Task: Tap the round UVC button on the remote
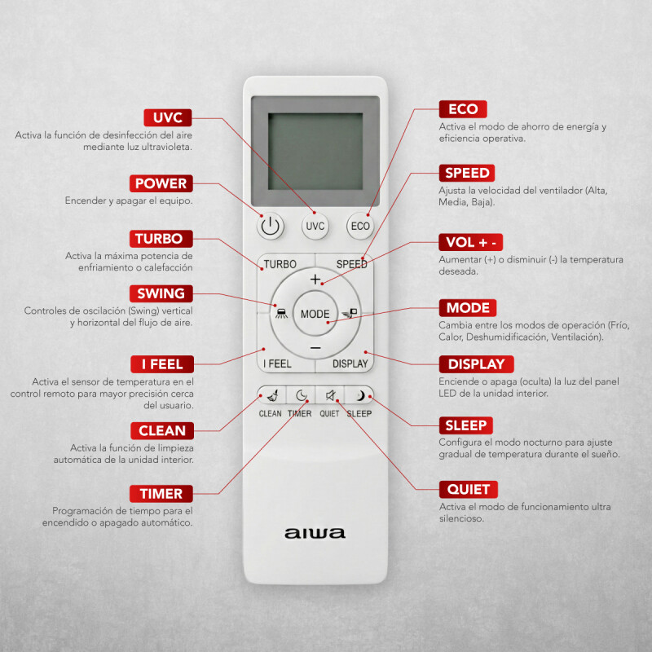pyautogui.click(x=315, y=226)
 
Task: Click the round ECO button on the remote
pyautogui.click(x=359, y=226)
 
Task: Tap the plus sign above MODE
pyautogui.click(x=315, y=279)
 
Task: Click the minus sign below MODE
pyautogui.click(x=315, y=348)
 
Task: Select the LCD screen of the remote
pyautogui.click(x=315, y=152)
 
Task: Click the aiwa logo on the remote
pyautogui.click(x=315, y=534)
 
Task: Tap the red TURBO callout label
pyautogui.click(x=164, y=239)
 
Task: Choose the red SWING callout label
pyautogui.click(x=161, y=293)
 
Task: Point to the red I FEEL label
pyautogui.click(x=162, y=363)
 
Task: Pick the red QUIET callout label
pyautogui.click(x=468, y=490)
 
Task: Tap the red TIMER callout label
pyautogui.click(x=161, y=494)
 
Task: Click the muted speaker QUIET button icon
pyautogui.click(x=330, y=396)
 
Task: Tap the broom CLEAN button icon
pyautogui.click(x=271, y=396)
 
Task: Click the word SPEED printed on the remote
pyautogui.click(x=351, y=264)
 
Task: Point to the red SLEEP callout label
pyautogui.click(x=465, y=425)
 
